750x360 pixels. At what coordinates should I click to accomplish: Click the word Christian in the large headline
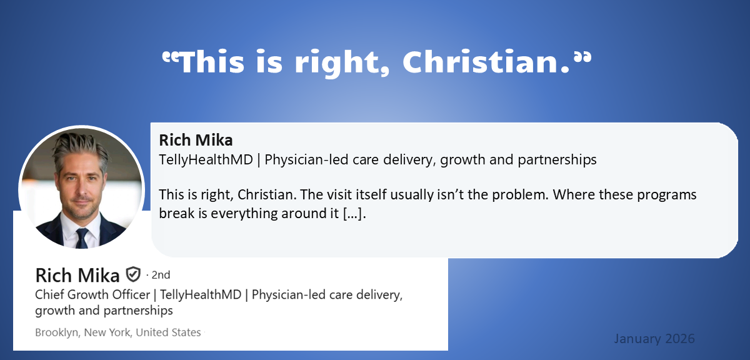pyautogui.click(x=486, y=62)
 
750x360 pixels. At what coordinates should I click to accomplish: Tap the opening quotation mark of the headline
pyautogui.click(x=170, y=58)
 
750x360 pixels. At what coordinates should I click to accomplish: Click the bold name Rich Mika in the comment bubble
pyautogui.click(x=196, y=141)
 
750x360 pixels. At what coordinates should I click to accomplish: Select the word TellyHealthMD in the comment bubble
pyautogui.click(x=206, y=160)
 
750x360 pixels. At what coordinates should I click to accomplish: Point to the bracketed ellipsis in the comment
pyautogui.click(x=353, y=214)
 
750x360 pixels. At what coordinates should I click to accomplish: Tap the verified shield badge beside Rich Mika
pyautogui.click(x=133, y=274)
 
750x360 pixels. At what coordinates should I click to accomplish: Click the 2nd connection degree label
pyautogui.click(x=161, y=275)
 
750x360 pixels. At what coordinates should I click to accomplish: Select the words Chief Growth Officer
pyautogui.click(x=92, y=295)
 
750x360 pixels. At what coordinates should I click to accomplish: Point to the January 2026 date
pyautogui.click(x=654, y=339)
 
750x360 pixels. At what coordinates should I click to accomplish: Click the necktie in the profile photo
pyautogui.click(x=82, y=237)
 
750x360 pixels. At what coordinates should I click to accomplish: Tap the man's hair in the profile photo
pyautogui.click(x=81, y=148)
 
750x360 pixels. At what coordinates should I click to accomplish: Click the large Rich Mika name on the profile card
pyautogui.click(x=77, y=275)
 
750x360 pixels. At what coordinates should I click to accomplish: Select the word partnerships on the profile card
pyautogui.click(x=138, y=311)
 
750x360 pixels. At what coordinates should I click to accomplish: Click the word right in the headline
pyautogui.click(x=342, y=64)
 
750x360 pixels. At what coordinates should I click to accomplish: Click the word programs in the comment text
pyautogui.click(x=667, y=196)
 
